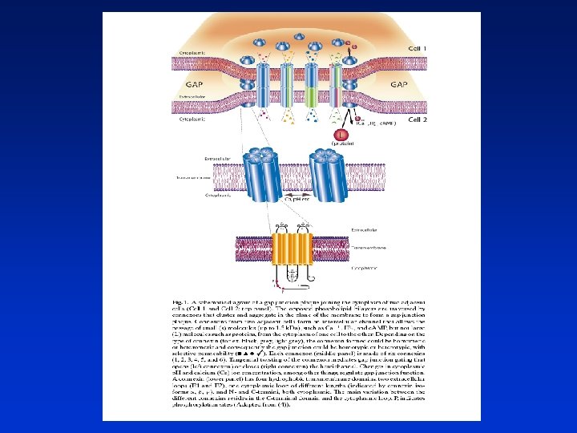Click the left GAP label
(x=192, y=83)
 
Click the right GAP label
(x=397, y=83)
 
